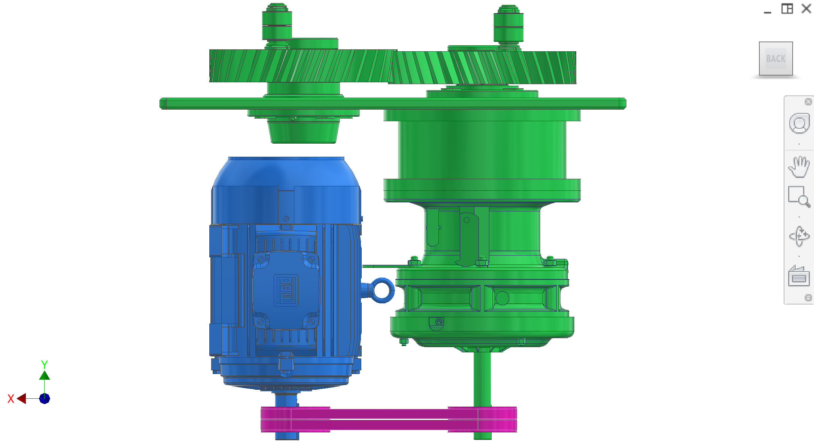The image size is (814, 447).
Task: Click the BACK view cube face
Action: pos(775,59)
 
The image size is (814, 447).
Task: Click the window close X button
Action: pos(806,9)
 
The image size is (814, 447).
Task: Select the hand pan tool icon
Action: pos(799,167)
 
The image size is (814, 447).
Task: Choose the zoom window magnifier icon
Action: pos(799,197)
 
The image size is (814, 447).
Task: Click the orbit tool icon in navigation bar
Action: pos(799,236)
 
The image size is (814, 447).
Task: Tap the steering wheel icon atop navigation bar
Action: pos(799,124)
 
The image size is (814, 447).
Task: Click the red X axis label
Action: pos(11,399)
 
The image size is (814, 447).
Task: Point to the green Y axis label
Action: pos(44,364)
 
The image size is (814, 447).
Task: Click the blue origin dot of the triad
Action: pos(45,398)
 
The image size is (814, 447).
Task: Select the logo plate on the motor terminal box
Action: pos(286,290)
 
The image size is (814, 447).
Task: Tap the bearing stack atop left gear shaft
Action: pos(277,24)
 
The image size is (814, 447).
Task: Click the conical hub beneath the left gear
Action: pos(303,131)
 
